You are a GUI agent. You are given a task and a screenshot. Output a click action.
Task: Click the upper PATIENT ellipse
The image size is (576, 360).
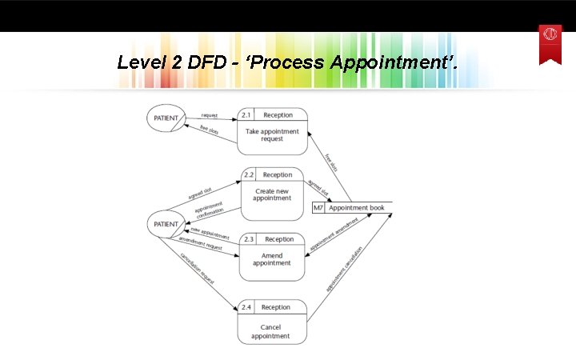165,118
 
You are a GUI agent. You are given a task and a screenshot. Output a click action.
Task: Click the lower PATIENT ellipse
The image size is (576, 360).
165,223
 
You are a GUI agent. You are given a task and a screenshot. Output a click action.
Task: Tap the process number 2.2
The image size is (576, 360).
248,174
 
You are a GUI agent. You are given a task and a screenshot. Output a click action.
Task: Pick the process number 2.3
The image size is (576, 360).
249,239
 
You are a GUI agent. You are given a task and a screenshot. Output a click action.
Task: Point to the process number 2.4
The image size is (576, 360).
246,307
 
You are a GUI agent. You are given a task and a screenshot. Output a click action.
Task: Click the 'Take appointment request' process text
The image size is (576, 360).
272,135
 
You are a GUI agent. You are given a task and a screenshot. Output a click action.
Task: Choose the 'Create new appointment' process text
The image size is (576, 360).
272,195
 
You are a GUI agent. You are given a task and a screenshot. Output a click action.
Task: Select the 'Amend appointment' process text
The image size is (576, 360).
272,259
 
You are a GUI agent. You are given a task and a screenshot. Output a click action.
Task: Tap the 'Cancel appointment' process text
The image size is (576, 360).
270,331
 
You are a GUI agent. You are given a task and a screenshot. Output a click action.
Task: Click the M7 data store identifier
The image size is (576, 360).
318,208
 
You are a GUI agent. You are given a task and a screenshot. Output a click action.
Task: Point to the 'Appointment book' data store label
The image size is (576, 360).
357,208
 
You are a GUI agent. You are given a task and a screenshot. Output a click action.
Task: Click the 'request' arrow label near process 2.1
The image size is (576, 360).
210,115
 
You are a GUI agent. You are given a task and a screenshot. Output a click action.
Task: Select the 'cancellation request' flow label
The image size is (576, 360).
197,269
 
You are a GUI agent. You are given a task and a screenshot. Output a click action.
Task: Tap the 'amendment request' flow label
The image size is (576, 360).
200,244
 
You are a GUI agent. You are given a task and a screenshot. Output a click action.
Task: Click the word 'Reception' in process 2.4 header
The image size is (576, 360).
276,307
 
